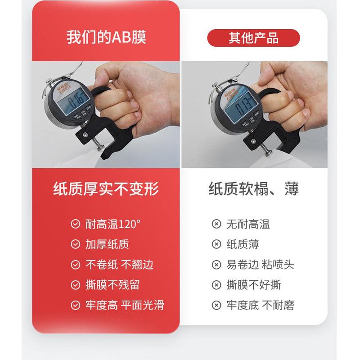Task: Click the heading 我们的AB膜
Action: click(x=106, y=37)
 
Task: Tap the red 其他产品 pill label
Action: click(x=253, y=38)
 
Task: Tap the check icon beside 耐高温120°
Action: click(x=76, y=224)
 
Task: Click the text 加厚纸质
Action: click(x=107, y=244)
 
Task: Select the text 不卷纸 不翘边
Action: click(x=119, y=264)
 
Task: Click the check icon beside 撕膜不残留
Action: click(x=76, y=285)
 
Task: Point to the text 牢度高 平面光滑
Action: click(x=125, y=306)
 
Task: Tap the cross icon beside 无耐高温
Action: click(x=216, y=224)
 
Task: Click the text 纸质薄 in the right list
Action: click(x=243, y=244)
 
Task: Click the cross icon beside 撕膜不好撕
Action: click(x=216, y=285)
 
